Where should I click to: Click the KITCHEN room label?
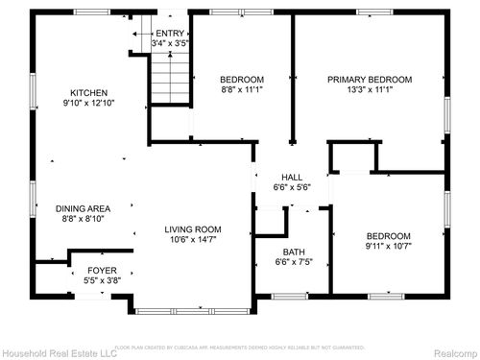click(82, 93)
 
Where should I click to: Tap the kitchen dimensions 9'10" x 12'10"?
click(82, 103)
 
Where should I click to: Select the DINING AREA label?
click(82, 208)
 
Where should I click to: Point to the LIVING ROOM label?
click(193, 228)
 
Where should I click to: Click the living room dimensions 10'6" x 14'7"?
click(193, 239)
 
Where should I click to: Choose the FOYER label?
click(102, 271)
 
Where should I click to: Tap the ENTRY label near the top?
click(170, 34)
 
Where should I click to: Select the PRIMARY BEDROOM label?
click(370, 79)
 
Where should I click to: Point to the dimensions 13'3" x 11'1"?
click(370, 89)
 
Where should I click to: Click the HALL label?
click(292, 178)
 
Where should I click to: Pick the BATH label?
click(292, 252)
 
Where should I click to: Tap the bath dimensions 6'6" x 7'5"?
click(292, 262)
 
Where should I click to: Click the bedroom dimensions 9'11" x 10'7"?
click(388, 247)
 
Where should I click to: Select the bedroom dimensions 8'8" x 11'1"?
click(242, 89)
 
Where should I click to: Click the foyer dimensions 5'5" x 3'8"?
click(102, 281)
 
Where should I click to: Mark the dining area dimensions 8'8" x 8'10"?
click(82, 219)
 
